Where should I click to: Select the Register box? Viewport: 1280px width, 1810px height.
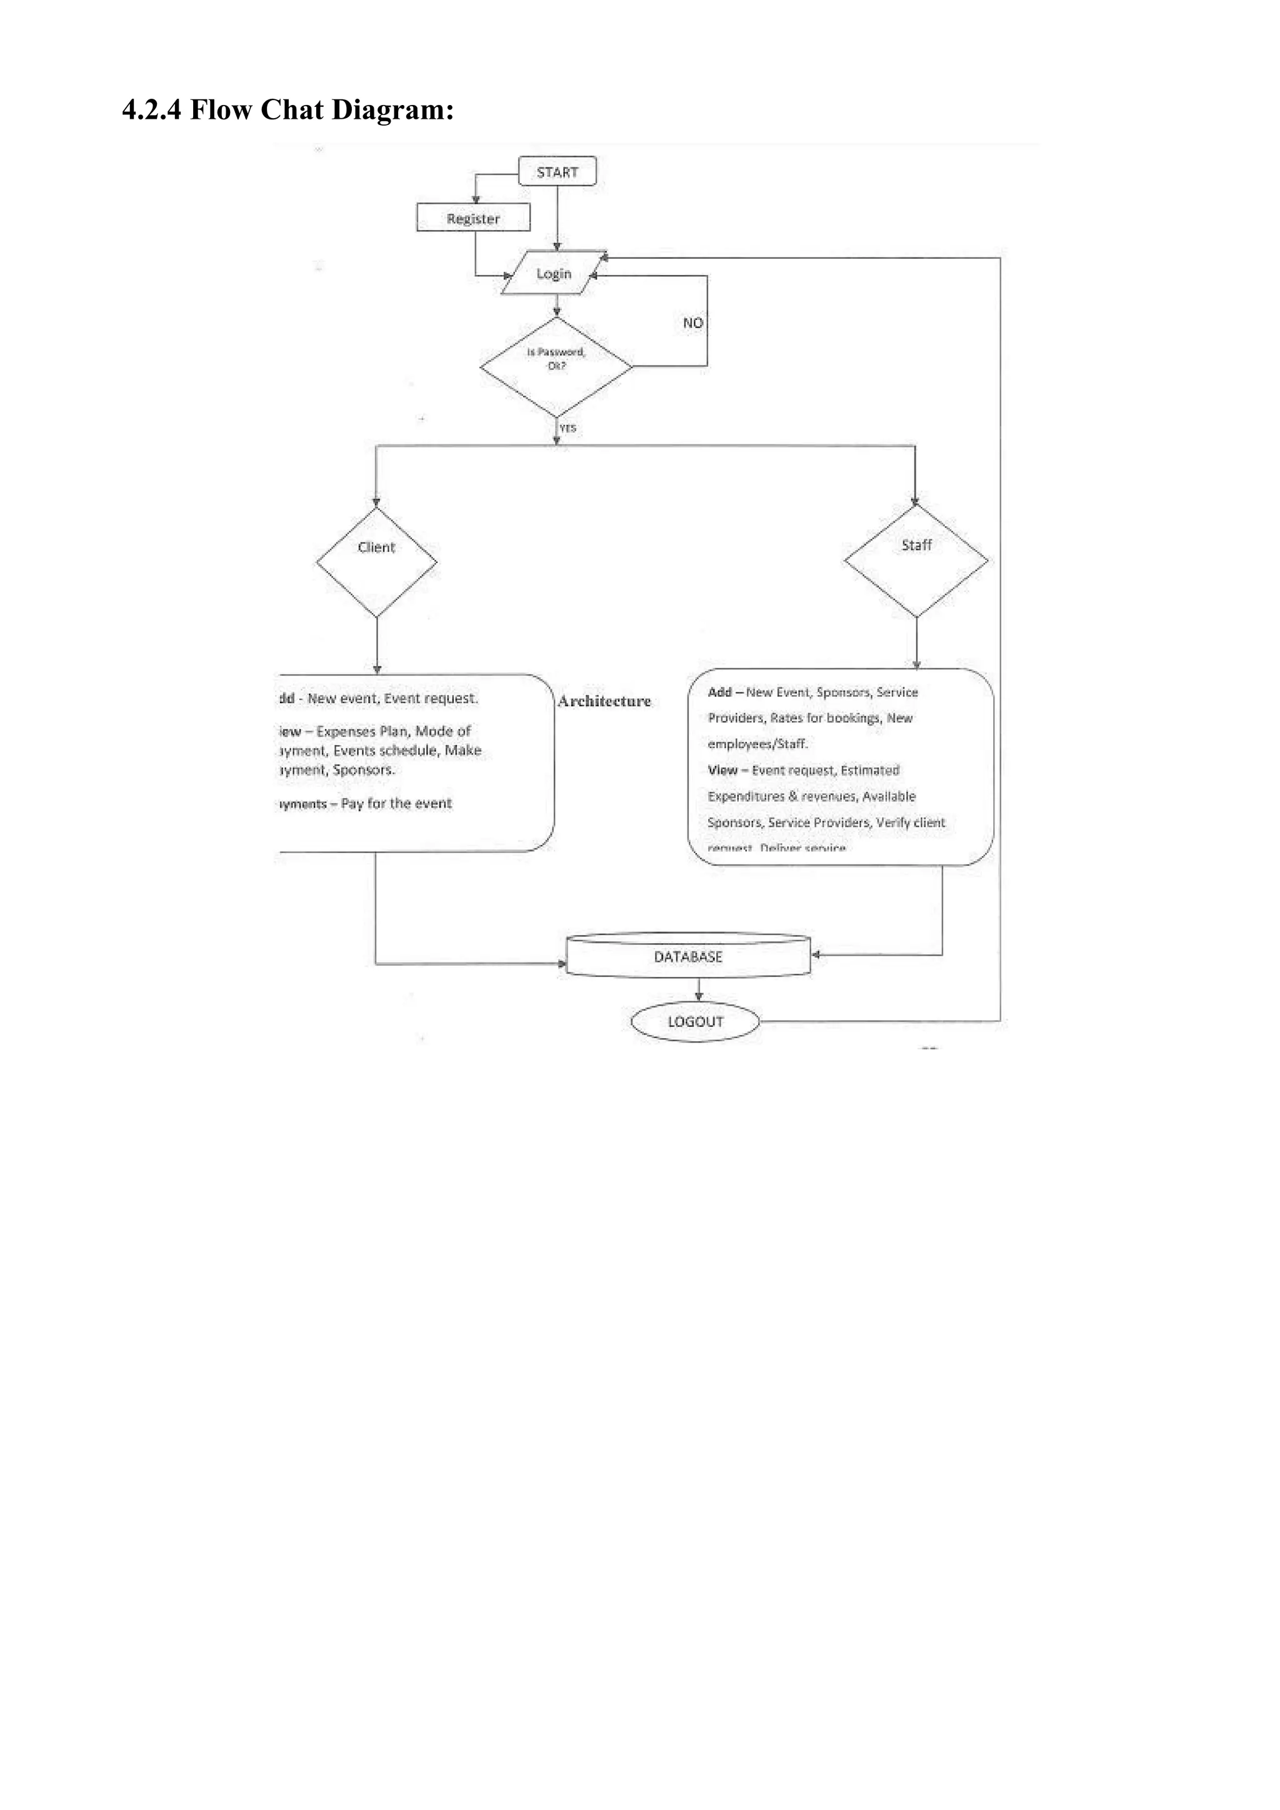click(x=473, y=218)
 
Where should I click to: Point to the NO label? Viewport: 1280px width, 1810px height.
click(x=692, y=322)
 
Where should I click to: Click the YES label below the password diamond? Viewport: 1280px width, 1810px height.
click(x=567, y=428)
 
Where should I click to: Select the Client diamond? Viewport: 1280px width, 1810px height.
click(x=377, y=561)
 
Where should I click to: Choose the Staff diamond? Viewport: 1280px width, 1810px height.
click(x=916, y=561)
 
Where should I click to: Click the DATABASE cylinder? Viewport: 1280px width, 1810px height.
click(x=688, y=956)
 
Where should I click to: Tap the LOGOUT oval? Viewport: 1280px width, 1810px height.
click(x=695, y=1022)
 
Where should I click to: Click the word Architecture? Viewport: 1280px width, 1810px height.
click(x=604, y=701)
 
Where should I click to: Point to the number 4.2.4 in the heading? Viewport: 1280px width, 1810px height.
click(x=151, y=109)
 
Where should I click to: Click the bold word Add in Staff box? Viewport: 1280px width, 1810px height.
click(x=719, y=692)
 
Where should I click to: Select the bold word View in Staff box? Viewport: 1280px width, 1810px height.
click(x=722, y=770)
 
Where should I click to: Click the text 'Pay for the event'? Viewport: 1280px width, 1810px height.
click(x=396, y=803)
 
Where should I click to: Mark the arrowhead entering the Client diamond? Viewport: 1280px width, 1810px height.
click(x=376, y=502)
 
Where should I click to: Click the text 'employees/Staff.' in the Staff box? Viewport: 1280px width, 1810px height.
click(x=757, y=743)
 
